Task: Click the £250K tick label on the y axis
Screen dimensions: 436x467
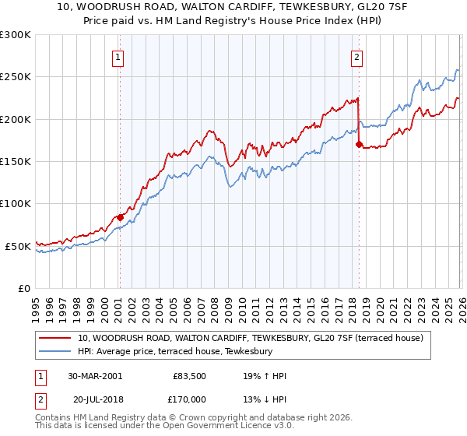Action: (16, 77)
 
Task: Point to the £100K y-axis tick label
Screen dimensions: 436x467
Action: (16, 204)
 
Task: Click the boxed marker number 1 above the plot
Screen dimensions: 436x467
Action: (118, 56)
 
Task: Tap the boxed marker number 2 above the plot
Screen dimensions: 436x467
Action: (356, 56)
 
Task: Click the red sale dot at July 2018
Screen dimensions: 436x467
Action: (358, 144)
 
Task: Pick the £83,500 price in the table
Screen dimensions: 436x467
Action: (189, 376)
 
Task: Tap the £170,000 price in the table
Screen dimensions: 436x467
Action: (189, 400)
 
